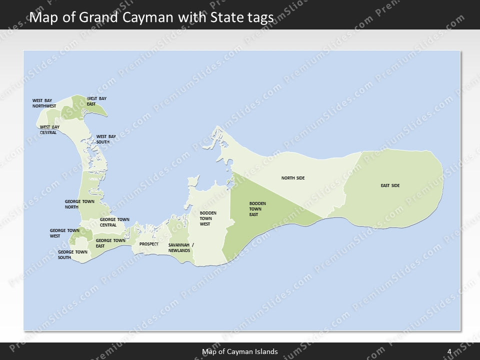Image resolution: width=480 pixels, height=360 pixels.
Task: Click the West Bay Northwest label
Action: [x=44, y=103]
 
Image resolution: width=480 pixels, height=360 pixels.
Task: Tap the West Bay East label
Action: [x=96, y=101]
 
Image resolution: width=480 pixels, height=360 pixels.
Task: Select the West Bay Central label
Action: [x=49, y=129]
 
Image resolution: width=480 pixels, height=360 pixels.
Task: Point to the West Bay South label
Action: [x=106, y=139]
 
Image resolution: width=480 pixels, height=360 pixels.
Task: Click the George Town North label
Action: [x=79, y=204]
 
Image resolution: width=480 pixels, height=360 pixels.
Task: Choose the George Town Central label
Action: [x=114, y=222]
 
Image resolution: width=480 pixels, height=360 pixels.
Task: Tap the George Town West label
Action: [x=64, y=233]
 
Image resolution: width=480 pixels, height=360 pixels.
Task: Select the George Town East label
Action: [x=110, y=243]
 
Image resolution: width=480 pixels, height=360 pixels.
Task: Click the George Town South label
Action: [x=72, y=254]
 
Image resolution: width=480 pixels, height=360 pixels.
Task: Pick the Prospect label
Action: [x=149, y=244]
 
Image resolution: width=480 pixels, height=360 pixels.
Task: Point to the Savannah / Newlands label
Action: [x=181, y=247]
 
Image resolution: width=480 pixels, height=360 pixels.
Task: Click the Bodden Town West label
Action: [x=208, y=218]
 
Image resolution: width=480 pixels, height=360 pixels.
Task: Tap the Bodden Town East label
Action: [x=257, y=209]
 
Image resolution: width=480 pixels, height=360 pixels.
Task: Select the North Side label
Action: [x=293, y=178]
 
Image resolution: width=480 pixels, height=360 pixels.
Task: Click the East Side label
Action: [x=390, y=186]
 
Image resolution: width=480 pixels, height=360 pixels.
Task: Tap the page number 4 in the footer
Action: [x=449, y=351]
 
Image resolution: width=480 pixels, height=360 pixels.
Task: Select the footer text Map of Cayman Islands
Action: [x=240, y=351]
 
